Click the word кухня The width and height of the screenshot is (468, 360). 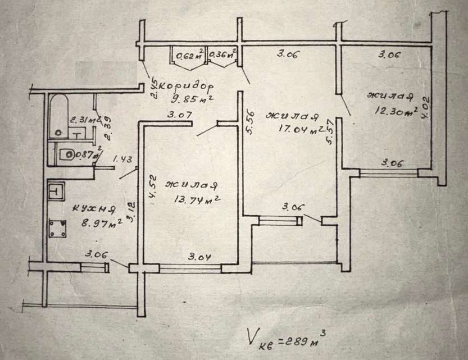point(93,210)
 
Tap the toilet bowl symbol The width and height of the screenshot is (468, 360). point(67,153)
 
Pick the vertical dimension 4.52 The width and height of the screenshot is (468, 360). point(152,186)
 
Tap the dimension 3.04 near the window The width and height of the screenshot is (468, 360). point(199,258)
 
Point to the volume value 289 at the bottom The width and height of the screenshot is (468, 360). point(298,340)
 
